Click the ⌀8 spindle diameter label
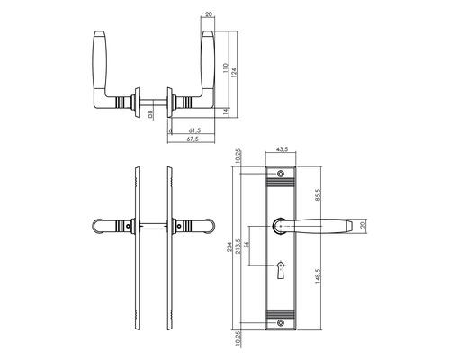151,114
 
